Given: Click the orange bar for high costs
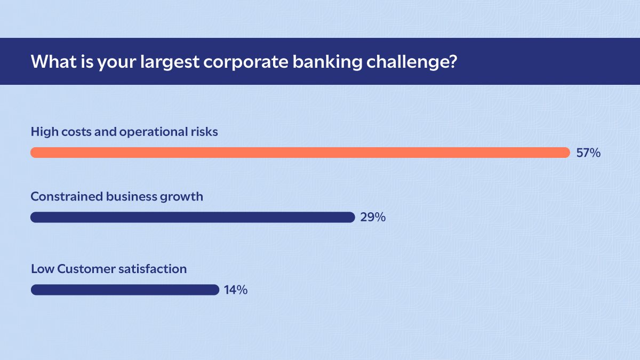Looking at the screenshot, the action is (300, 153).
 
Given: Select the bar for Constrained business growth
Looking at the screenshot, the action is (192, 217).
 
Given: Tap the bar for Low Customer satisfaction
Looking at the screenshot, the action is (125, 290).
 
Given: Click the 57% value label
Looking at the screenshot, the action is (588, 153).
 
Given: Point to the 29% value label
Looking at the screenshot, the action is (373, 217).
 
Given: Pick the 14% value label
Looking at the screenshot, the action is (235, 290).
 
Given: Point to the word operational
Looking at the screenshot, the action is (154, 132).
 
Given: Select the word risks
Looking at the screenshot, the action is (204, 132).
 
